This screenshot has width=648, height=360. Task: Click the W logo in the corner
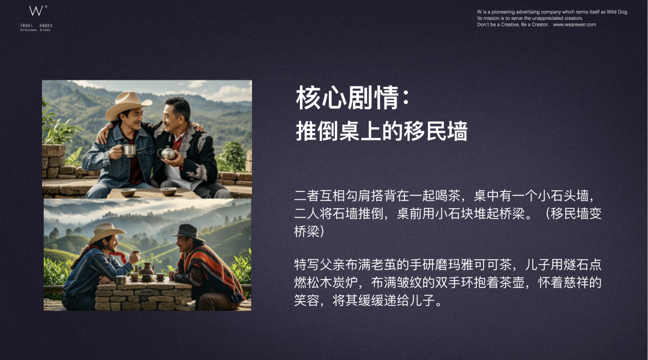click(x=37, y=11)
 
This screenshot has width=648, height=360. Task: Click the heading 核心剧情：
click(x=353, y=98)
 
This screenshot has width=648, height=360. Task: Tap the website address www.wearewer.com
click(x=574, y=25)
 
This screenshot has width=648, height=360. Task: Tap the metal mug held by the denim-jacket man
click(x=129, y=151)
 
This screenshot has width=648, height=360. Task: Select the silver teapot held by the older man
click(x=168, y=153)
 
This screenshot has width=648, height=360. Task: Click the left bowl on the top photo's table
click(x=127, y=192)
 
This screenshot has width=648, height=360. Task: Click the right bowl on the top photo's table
click(x=168, y=191)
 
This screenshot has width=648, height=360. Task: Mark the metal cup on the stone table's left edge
click(x=121, y=280)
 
